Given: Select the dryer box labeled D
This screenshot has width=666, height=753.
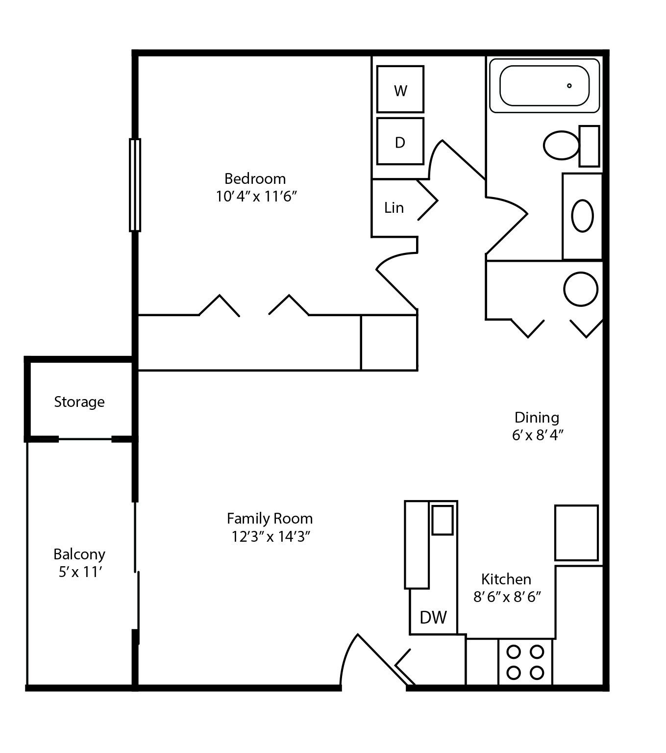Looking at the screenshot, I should (x=400, y=142).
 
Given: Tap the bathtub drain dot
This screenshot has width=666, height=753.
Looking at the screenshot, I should (x=569, y=86).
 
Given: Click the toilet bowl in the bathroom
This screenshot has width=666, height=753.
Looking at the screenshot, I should (x=562, y=145).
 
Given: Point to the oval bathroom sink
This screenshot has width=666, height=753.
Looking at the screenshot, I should (x=582, y=216).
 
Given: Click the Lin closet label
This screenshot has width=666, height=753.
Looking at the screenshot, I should (x=394, y=208).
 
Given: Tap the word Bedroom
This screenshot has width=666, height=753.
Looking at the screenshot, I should (x=255, y=178).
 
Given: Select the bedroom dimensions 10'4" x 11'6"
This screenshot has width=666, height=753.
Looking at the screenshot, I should (x=257, y=197).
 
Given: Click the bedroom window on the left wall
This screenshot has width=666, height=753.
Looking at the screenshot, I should (x=135, y=185).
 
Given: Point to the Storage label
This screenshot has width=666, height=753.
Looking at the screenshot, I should (x=79, y=402).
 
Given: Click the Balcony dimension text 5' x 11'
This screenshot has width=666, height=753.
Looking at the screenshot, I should (x=80, y=572).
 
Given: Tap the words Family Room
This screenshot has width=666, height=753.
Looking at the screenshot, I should (x=270, y=519).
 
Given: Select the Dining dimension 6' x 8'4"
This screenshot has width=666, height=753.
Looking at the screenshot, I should (x=538, y=435).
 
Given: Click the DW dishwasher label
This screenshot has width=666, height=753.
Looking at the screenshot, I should (x=434, y=617).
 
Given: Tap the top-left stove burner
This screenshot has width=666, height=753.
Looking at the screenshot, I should (x=513, y=652).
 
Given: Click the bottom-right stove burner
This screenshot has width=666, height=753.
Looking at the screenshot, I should (x=537, y=672).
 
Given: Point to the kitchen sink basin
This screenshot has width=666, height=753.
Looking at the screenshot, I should (x=443, y=520).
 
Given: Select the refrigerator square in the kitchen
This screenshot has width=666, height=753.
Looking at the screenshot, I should (x=576, y=532).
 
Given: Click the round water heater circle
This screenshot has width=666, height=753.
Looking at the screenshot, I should (x=581, y=289).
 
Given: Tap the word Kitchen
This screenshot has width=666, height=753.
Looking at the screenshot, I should (x=506, y=579).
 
